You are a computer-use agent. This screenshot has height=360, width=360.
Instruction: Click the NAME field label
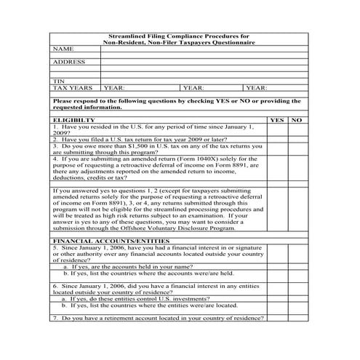64,49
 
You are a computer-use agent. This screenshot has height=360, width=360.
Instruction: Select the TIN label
59,81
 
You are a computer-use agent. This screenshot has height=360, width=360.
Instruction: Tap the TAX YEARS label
73,87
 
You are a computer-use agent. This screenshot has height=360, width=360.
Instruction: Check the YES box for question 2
276,139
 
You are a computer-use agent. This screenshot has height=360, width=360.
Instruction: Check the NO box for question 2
296,139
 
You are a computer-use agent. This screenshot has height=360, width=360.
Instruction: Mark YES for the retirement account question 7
276,319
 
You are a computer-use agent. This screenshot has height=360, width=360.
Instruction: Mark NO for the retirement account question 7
296,319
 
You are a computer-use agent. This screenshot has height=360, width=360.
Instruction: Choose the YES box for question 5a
276,267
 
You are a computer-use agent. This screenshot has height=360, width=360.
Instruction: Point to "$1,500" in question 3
118,145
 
